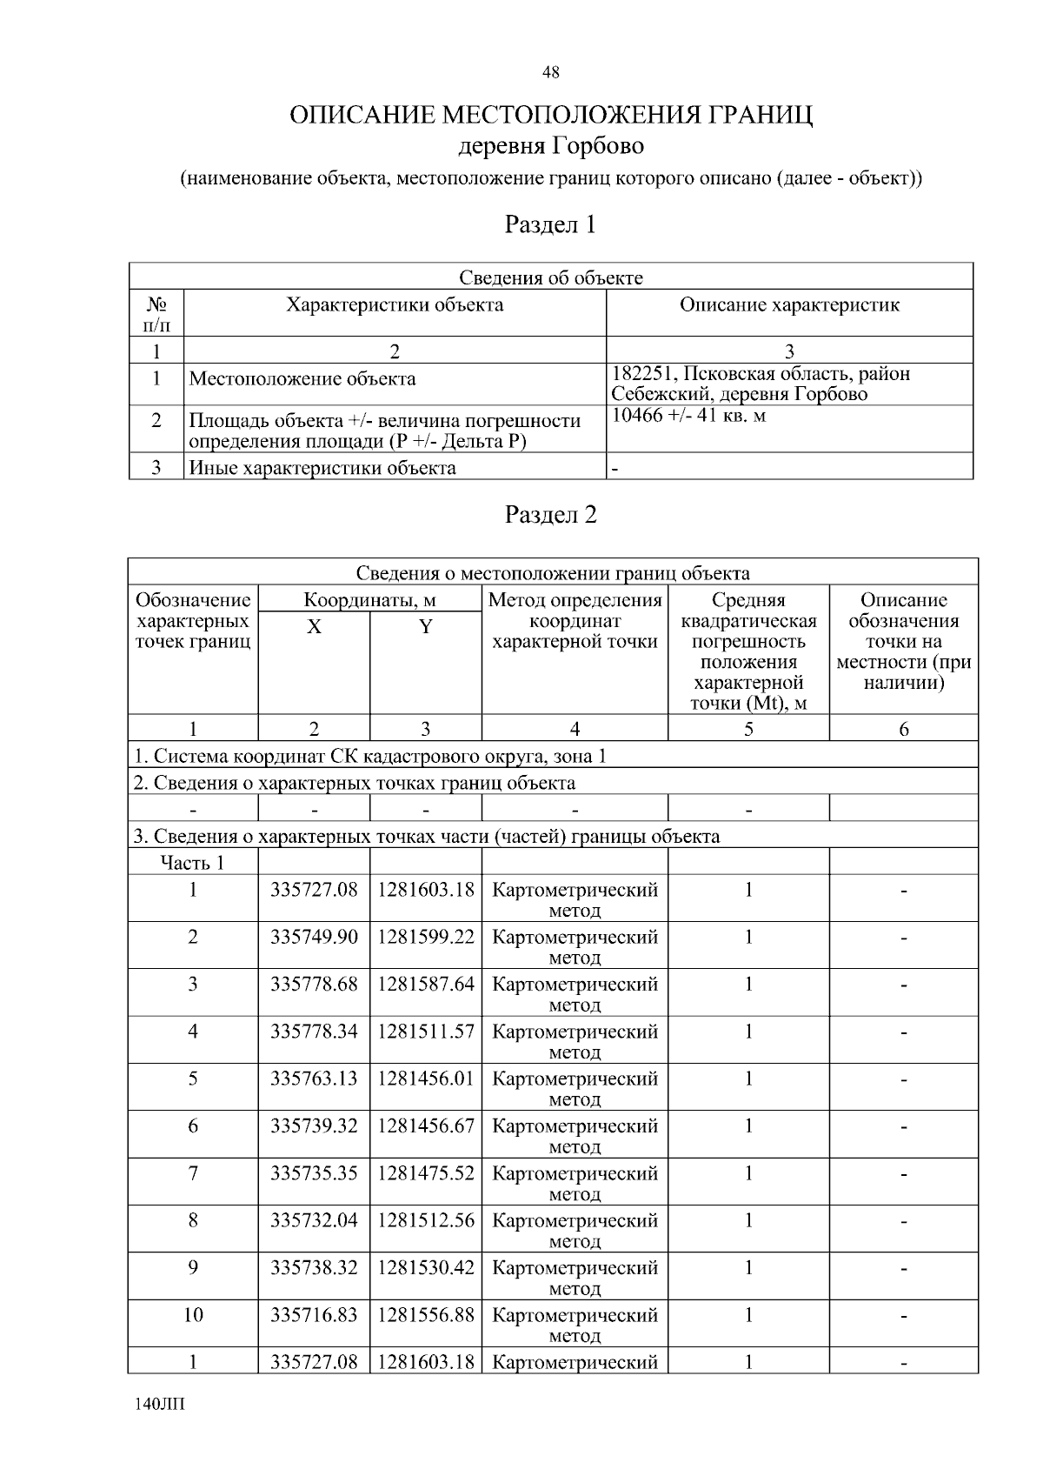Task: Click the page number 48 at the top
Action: (x=550, y=73)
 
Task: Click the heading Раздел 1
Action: (x=550, y=225)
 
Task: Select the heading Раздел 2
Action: (x=550, y=515)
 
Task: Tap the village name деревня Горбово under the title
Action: (x=550, y=145)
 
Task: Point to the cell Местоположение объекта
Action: (x=302, y=379)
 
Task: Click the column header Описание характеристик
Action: (x=788, y=305)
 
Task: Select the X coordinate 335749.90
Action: (x=314, y=938)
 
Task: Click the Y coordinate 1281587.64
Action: (x=426, y=985)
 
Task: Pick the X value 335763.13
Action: (x=314, y=1079)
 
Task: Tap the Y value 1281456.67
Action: (x=426, y=1126)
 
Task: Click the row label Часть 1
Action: (x=192, y=863)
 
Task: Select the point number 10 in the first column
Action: (x=192, y=1315)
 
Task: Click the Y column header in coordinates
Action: (x=426, y=627)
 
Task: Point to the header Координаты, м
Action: (x=369, y=600)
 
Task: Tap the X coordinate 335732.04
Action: (x=314, y=1221)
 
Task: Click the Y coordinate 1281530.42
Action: (x=426, y=1268)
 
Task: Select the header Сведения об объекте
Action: (x=550, y=278)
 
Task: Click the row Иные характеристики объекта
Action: (x=322, y=469)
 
